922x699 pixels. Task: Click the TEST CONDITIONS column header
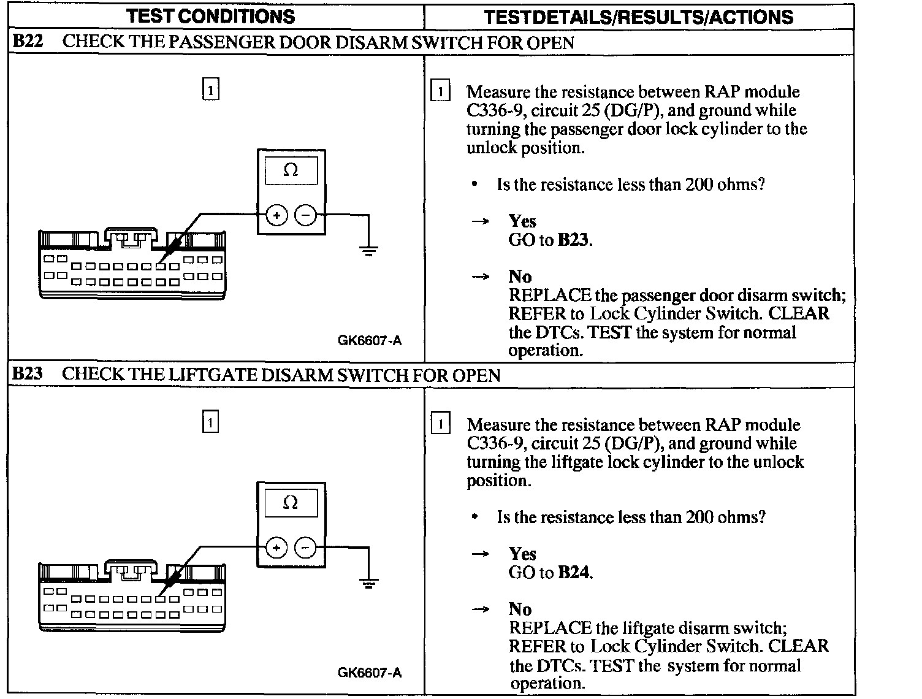(210, 16)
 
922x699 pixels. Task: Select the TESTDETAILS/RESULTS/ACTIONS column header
(638, 17)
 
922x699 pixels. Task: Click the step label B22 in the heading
(28, 42)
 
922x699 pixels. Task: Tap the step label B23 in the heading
(28, 374)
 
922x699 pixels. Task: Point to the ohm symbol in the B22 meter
(291, 170)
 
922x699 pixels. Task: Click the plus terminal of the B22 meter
(276, 215)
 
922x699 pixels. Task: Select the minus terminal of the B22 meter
(306, 215)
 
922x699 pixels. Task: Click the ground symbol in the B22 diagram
(368, 250)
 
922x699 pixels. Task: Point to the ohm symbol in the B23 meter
(291, 503)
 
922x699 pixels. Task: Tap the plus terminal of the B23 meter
(276, 548)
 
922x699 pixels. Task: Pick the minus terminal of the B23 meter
(306, 548)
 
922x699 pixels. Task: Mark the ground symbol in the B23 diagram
(368, 582)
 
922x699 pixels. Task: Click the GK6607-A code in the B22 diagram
(370, 340)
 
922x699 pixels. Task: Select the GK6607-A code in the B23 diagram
(370, 673)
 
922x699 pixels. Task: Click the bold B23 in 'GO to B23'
(573, 240)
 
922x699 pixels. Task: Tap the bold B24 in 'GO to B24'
(574, 573)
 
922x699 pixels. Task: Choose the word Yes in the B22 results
(522, 221)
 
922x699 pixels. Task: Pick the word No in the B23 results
(520, 609)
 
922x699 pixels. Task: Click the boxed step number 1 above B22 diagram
(210, 90)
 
